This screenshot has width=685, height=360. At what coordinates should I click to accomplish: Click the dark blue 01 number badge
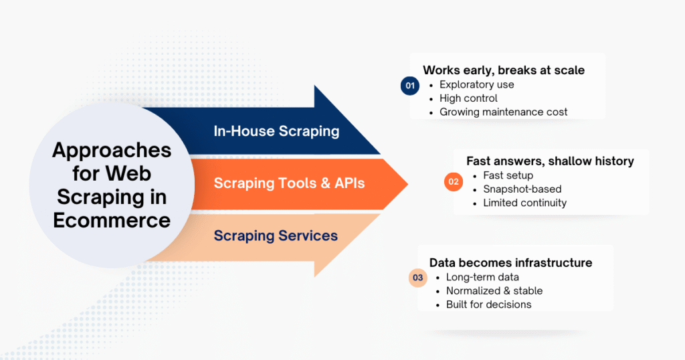(x=409, y=86)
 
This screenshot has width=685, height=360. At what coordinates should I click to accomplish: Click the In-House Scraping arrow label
(x=276, y=131)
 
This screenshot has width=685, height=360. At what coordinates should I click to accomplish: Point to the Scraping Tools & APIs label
(x=289, y=183)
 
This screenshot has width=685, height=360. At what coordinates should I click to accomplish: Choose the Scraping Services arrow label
(x=276, y=236)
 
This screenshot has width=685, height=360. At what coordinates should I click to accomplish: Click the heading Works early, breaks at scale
(x=504, y=70)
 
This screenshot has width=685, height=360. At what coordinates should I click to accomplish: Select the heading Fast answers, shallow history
(x=550, y=161)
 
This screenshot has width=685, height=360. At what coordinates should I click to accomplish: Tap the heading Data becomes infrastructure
(x=510, y=263)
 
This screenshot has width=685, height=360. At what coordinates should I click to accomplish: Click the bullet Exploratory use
(x=476, y=85)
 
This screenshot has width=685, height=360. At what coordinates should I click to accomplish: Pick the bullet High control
(x=468, y=98)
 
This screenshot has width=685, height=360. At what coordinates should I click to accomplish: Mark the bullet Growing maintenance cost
(x=503, y=112)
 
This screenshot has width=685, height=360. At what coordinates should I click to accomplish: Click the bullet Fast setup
(x=508, y=175)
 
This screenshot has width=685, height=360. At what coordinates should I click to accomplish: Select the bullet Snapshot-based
(x=522, y=189)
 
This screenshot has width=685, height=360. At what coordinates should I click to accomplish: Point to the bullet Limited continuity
(x=524, y=203)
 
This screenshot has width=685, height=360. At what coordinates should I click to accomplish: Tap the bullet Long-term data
(x=482, y=277)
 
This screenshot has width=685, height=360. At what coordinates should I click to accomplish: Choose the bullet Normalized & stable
(x=494, y=291)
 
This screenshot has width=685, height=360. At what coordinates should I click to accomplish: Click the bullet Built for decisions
(x=488, y=304)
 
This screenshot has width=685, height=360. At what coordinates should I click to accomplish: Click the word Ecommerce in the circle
(x=112, y=219)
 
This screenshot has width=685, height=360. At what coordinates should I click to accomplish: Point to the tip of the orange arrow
(x=406, y=183)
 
